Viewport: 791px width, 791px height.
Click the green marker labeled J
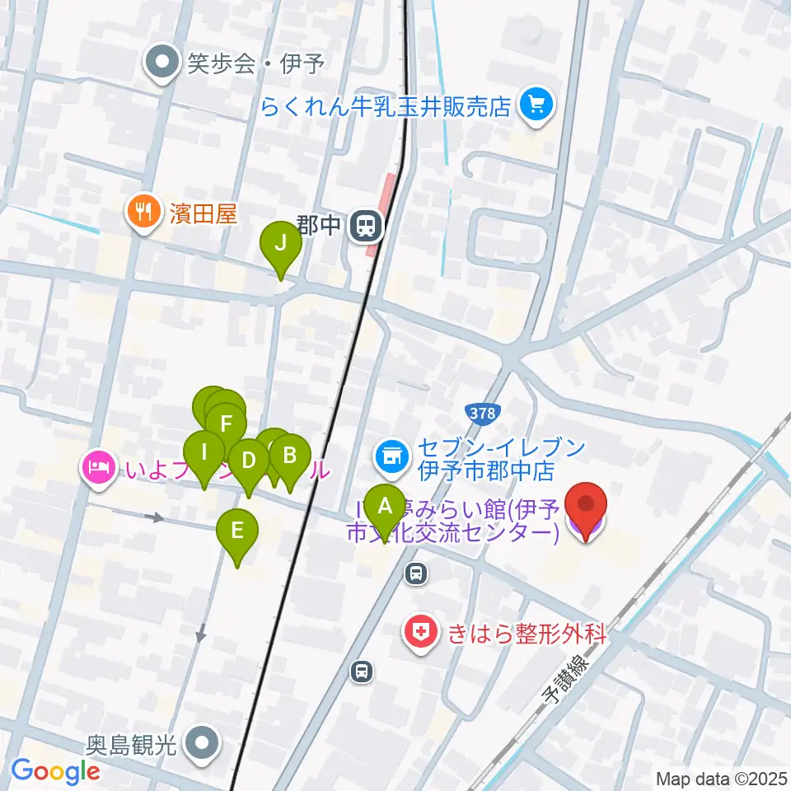(281, 244)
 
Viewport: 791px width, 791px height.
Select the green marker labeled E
(237, 531)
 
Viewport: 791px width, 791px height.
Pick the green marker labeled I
(203, 452)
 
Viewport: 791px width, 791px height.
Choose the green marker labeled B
(289, 456)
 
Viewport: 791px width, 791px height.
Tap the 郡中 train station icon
(364, 225)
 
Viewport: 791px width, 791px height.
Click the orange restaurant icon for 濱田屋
(144, 213)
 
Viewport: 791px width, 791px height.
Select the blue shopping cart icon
(537, 106)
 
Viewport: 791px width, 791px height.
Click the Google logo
(55, 771)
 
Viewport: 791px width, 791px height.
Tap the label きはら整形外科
(527, 634)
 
